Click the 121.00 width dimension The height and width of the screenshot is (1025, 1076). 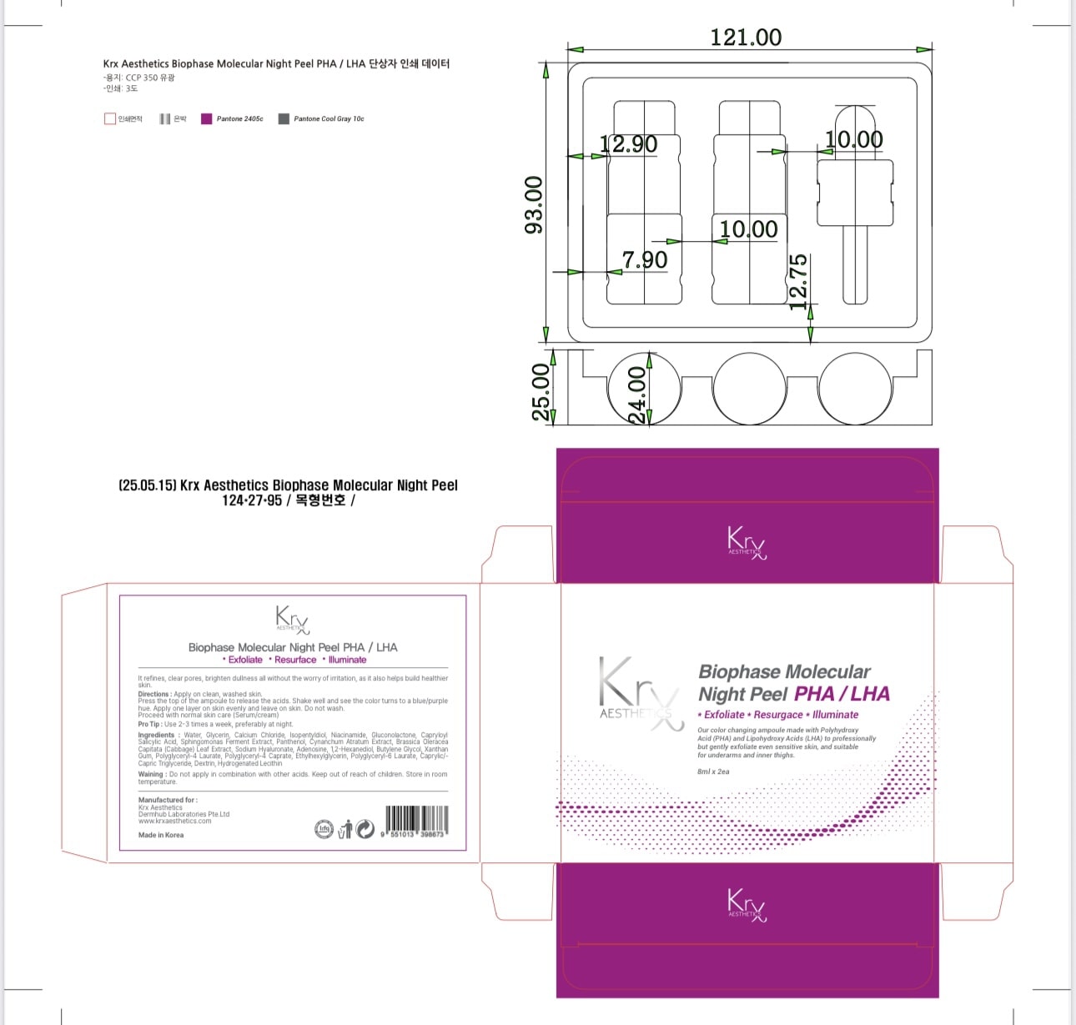pos(746,38)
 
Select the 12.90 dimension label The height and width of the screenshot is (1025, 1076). pos(629,144)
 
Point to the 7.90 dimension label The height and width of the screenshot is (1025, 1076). pos(645,259)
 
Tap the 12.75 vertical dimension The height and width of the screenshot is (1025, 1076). pos(798,282)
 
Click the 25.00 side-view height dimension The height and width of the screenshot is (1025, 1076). pos(541,392)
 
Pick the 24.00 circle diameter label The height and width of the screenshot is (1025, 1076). pos(636,395)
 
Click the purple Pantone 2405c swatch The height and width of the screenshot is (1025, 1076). pos(206,119)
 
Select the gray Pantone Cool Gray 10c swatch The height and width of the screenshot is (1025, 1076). pos(284,119)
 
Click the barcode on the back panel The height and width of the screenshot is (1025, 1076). pos(416,821)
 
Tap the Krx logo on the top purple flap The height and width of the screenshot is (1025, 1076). pos(746,541)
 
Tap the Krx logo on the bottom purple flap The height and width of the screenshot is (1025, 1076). pos(746,904)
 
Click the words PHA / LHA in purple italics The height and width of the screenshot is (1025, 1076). pos(842,694)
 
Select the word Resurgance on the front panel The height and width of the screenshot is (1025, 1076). pos(778,715)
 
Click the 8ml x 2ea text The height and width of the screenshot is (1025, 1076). pos(713,771)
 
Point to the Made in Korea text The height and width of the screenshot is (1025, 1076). pos(161,835)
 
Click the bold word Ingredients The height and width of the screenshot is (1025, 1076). pos(156,735)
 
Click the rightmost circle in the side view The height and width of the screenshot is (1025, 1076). pos(855,388)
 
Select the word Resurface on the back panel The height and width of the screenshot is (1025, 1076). pos(295,660)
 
